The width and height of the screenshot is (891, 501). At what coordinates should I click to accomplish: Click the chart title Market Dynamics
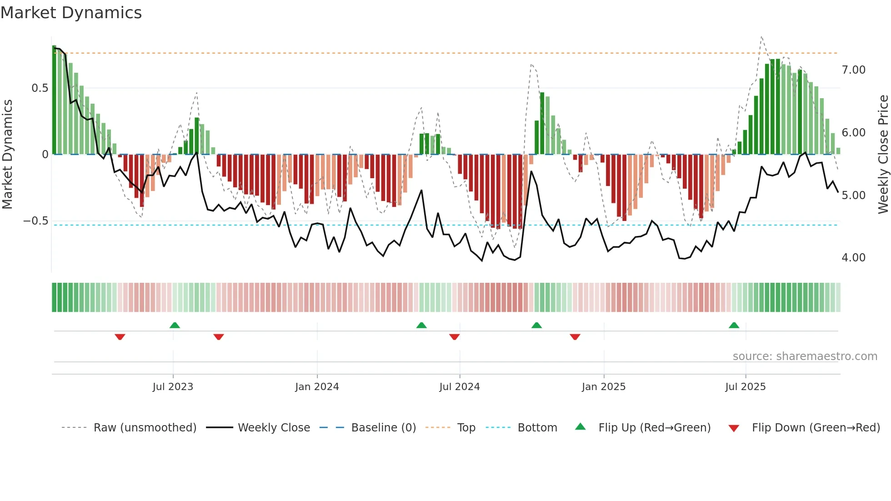[71, 13]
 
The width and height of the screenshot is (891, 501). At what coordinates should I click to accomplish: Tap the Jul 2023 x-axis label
[173, 387]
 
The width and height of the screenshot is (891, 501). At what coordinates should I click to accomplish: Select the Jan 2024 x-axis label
[317, 387]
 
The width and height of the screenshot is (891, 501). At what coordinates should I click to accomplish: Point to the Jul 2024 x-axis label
[459, 387]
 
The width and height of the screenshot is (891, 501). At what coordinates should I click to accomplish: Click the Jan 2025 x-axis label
[603, 387]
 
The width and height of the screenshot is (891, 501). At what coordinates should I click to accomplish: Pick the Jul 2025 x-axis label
[745, 387]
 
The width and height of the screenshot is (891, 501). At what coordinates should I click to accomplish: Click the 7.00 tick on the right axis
[853, 70]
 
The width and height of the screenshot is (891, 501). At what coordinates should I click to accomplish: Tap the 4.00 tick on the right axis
[853, 258]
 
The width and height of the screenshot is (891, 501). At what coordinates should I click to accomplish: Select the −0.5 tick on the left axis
[35, 221]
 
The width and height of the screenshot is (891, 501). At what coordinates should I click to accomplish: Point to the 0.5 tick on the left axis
[40, 88]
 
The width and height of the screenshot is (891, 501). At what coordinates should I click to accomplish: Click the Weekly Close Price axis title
[883, 155]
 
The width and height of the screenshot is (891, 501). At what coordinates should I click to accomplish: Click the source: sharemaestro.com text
[805, 356]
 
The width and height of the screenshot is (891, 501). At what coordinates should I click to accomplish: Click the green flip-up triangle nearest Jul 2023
[175, 326]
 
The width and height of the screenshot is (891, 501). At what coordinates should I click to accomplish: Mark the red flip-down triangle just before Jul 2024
[454, 337]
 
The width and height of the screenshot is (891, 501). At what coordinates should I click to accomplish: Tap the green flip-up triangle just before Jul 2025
[734, 326]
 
